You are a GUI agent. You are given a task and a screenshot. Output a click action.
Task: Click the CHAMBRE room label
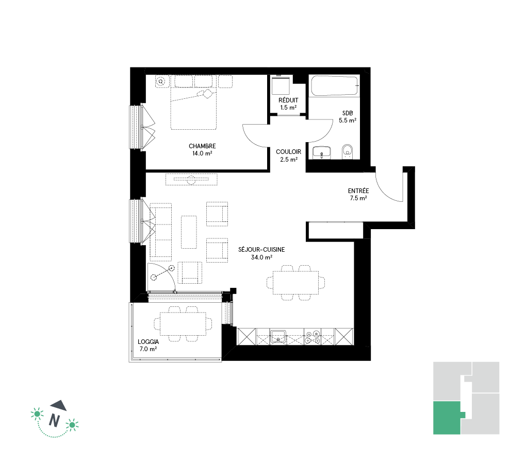[202, 146]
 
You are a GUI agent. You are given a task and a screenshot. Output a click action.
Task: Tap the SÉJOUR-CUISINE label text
[261, 250]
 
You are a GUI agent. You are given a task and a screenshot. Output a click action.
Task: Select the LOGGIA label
[148, 342]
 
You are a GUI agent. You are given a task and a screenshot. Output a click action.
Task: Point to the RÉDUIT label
[288, 100]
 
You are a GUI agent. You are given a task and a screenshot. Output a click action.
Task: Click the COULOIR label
[288, 152]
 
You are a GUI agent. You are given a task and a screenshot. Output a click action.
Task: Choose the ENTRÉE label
[358, 191]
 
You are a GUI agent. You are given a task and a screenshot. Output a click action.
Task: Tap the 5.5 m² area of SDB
[348, 120]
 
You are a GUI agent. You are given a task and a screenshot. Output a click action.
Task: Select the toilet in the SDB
[347, 152]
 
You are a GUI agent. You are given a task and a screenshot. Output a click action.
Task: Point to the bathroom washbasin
[322, 153]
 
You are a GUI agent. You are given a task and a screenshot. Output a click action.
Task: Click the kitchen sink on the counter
[278, 336]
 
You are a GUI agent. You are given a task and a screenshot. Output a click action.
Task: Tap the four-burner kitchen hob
[313, 337]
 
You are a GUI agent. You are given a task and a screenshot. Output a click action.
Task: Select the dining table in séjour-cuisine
[296, 283]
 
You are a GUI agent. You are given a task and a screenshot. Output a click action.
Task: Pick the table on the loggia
[183, 324]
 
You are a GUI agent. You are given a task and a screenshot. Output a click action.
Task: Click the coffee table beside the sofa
[189, 232]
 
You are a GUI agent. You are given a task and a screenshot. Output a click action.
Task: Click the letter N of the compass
[54, 420]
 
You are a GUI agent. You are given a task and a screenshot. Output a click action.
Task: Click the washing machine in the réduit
[281, 86]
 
